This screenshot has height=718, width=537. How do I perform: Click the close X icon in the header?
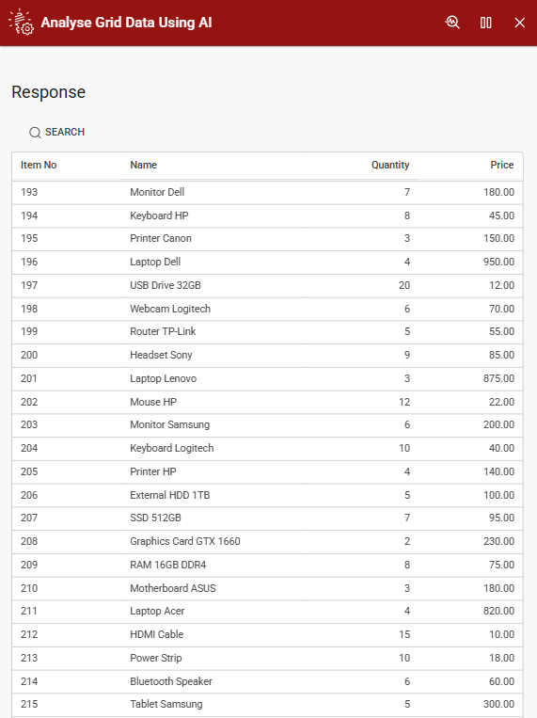(520, 23)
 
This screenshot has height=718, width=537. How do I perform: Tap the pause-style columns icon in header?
(486, 23)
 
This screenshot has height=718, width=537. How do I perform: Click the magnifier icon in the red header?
(452, 23)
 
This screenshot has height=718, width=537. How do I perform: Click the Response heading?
(49, 92)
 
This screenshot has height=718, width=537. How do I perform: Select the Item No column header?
(39, 165)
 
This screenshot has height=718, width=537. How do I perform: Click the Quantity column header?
(390, 165)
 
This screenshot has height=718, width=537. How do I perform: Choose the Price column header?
(502, 165)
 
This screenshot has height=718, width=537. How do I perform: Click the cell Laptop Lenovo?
(164, 378)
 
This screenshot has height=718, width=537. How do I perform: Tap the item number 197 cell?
(29, 285)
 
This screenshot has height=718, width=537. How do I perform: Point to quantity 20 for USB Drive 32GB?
(403, 285)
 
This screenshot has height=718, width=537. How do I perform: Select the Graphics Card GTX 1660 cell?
(185, 541)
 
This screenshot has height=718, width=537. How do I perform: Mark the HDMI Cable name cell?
(157, 634)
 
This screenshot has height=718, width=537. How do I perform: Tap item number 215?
(29, 704)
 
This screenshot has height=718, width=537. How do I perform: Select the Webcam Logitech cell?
(170, 309)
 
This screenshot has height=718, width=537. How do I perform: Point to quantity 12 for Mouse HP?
(404, 402)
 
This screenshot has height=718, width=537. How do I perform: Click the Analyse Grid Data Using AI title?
(126, 23)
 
